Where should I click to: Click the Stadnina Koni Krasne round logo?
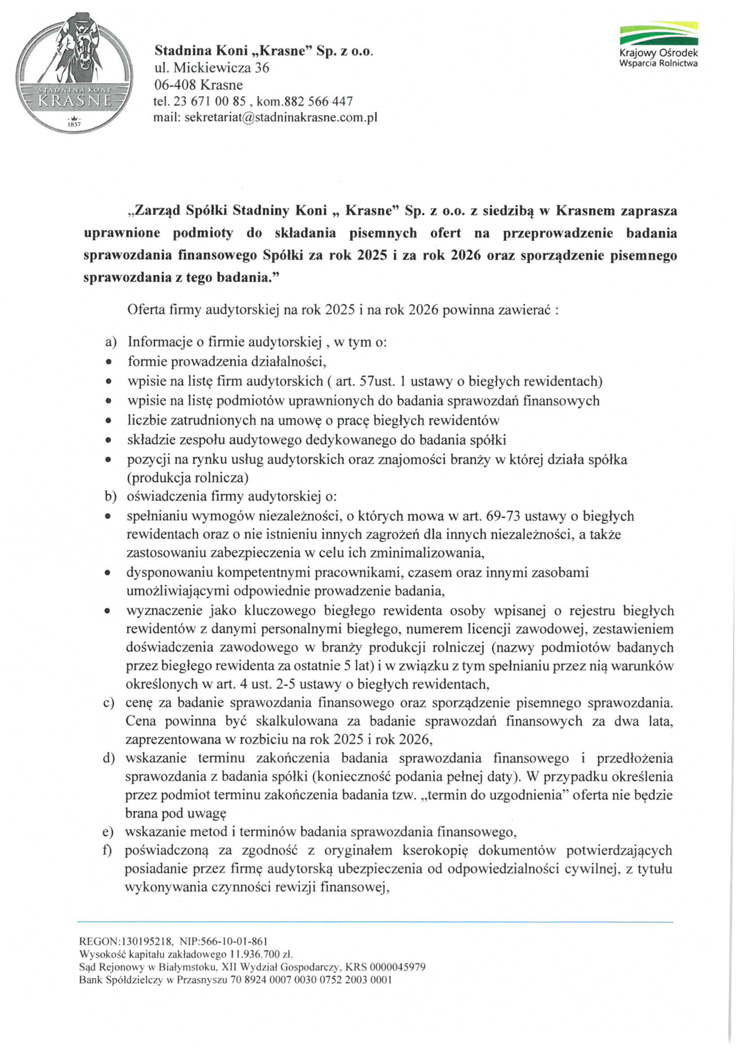[74, 73]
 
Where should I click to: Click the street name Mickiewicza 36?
[221, 68]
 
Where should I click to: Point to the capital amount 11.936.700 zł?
[261, 954]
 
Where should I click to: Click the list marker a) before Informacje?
[111, 342]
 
